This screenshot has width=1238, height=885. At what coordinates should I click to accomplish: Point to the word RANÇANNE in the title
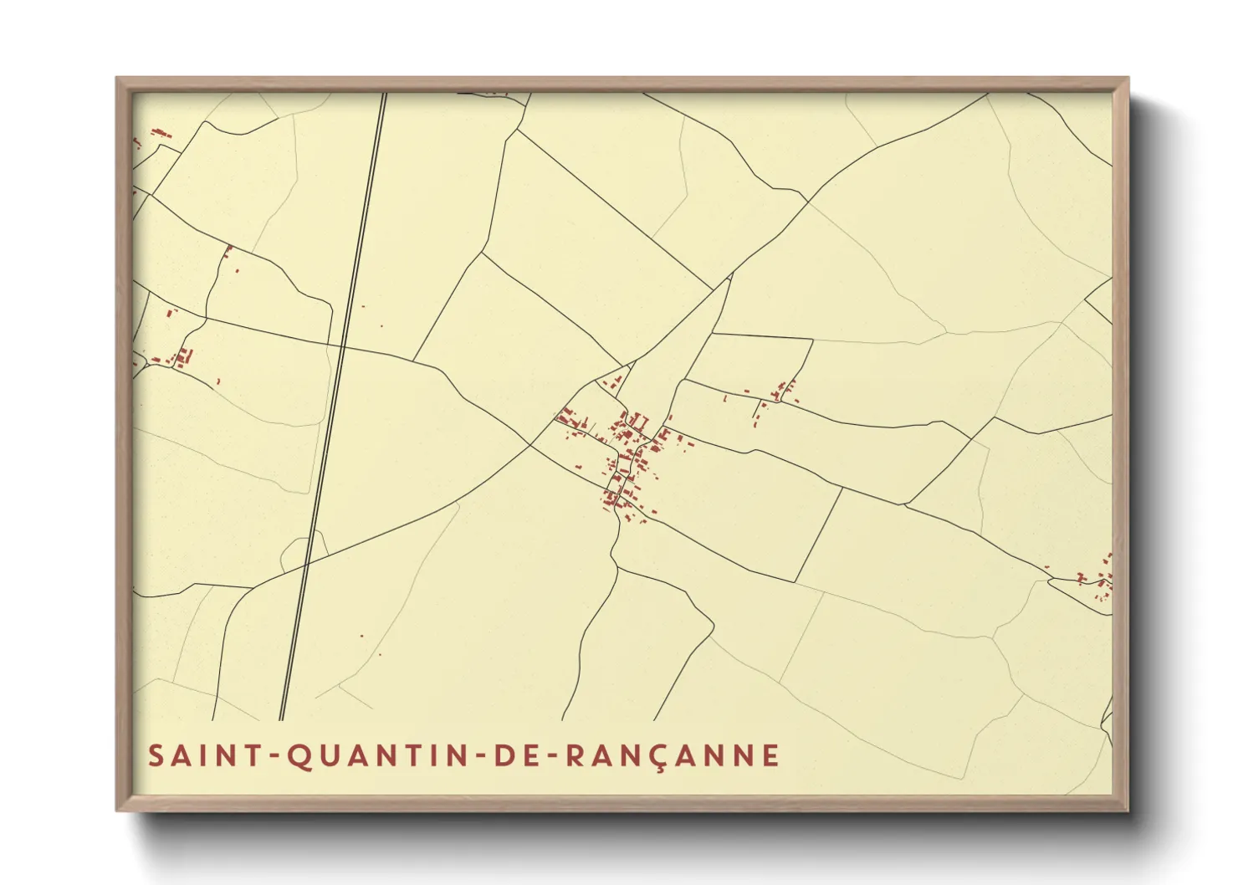tap(673, 755)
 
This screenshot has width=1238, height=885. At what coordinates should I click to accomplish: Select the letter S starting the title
tap(156, 755)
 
